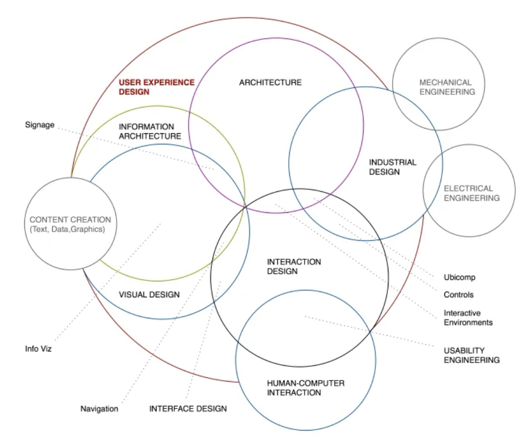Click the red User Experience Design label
(x=156, y=87)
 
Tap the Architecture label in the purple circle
(x=270, y=83)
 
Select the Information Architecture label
(x=150, y=132)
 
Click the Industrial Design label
(x=392, y=167)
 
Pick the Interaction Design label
(x=294, y=267)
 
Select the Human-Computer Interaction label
(x=306, y=388)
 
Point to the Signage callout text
(x=40, y=125)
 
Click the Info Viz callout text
(x=39, y=349)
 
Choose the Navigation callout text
(x=99, y=408)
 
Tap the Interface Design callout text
(x=188, y=408)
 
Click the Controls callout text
(x=458, y=295)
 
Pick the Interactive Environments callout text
(x=468, y=318)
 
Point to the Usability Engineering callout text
(x=471, y=355)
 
